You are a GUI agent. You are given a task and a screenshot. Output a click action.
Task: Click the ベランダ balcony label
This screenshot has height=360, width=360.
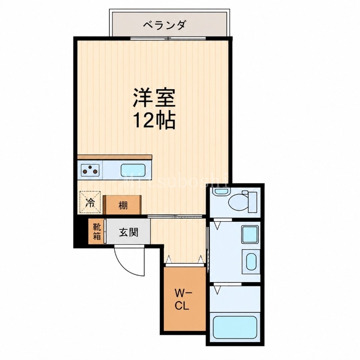coord(164,25)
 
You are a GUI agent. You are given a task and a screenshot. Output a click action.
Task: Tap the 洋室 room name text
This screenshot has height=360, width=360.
coord(154,98)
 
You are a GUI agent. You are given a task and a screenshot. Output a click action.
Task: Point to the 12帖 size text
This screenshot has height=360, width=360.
coord(154,120)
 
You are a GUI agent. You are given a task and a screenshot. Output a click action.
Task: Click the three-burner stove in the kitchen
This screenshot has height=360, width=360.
coord(90,170)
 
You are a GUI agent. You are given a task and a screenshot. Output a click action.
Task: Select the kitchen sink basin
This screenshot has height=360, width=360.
coord(133,170)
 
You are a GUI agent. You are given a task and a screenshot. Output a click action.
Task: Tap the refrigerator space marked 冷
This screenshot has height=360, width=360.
coord(90,202)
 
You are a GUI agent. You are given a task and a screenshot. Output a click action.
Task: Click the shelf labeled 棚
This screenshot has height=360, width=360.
coord(122,205)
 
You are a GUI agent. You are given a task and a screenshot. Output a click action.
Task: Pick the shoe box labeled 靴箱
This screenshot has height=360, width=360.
coord(96,231)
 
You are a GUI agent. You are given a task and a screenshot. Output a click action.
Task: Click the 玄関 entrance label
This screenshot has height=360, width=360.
coord(129,232)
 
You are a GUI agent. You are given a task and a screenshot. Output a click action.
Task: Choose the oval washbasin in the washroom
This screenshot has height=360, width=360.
coord(251,262)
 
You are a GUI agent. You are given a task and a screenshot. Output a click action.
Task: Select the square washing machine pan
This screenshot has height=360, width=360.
coord(250,234)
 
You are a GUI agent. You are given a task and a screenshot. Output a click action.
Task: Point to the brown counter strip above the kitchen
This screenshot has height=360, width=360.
coord(115,157)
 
